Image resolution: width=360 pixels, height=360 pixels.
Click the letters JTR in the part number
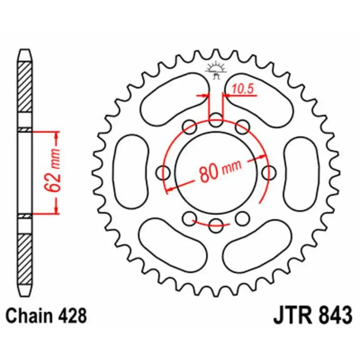(x=291, y=315)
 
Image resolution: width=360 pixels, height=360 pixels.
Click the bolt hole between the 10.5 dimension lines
(x=216, y=121)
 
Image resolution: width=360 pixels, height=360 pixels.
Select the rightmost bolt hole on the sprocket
(x=269, y=172)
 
